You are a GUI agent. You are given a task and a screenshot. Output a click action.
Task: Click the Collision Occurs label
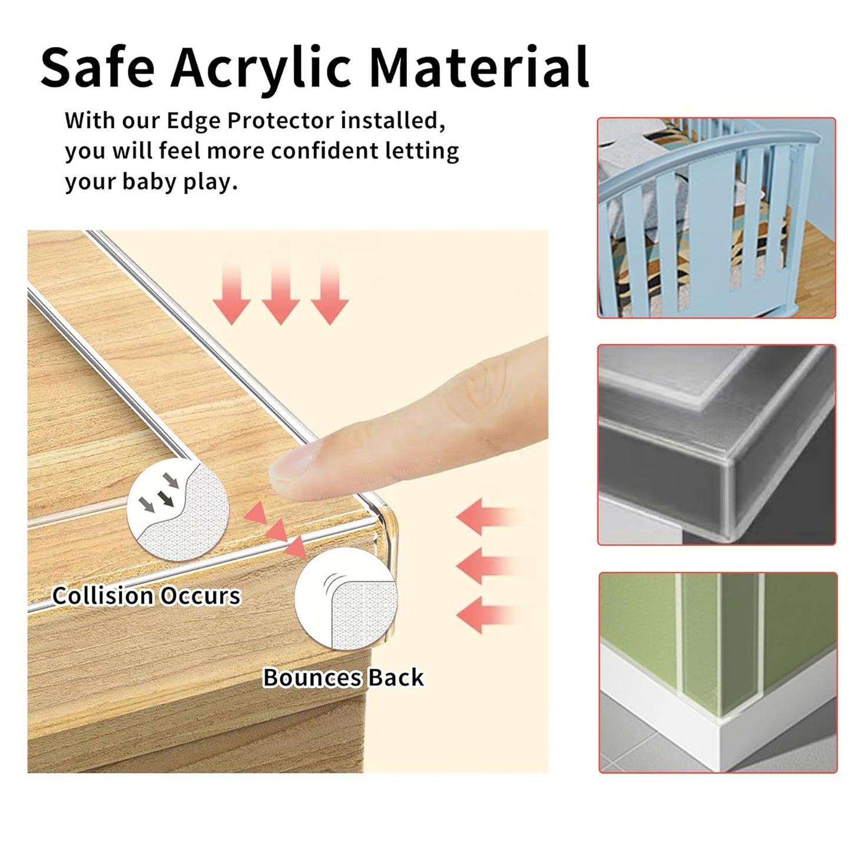146,596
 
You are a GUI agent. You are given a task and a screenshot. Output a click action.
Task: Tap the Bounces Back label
343,677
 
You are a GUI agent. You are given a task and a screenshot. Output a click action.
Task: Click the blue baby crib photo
716,218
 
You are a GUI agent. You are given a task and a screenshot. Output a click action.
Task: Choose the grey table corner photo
716,445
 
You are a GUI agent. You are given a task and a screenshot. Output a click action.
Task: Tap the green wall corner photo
717,672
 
